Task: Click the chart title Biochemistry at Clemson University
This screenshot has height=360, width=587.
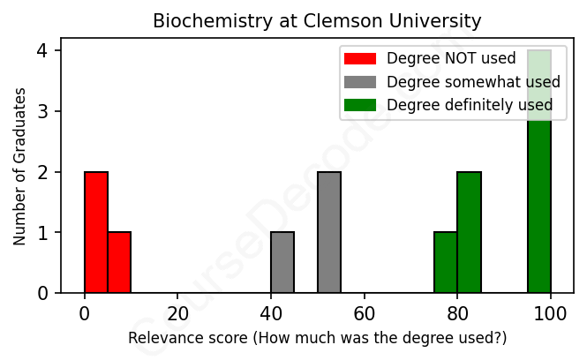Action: (x=317, y=20)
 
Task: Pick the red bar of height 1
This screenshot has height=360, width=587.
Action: (x=119, y=263)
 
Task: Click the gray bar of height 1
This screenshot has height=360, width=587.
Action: (x=282, y=263)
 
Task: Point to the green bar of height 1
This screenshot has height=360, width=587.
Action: (x=446, y=263)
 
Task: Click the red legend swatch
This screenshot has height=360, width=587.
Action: (x=359, y=59)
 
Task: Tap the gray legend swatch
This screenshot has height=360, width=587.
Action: (x=359, y=82)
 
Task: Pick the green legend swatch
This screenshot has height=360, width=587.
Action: (x=359, y=105)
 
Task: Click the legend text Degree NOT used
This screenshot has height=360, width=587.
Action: (x=440, y=59)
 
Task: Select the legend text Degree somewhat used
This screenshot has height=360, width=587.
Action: (x=473, y=82)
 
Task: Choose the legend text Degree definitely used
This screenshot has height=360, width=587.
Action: (x=470, y=105)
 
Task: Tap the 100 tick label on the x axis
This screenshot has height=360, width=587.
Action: (x=551, y=313)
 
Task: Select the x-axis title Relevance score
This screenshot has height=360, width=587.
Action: (x=317, y=338)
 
